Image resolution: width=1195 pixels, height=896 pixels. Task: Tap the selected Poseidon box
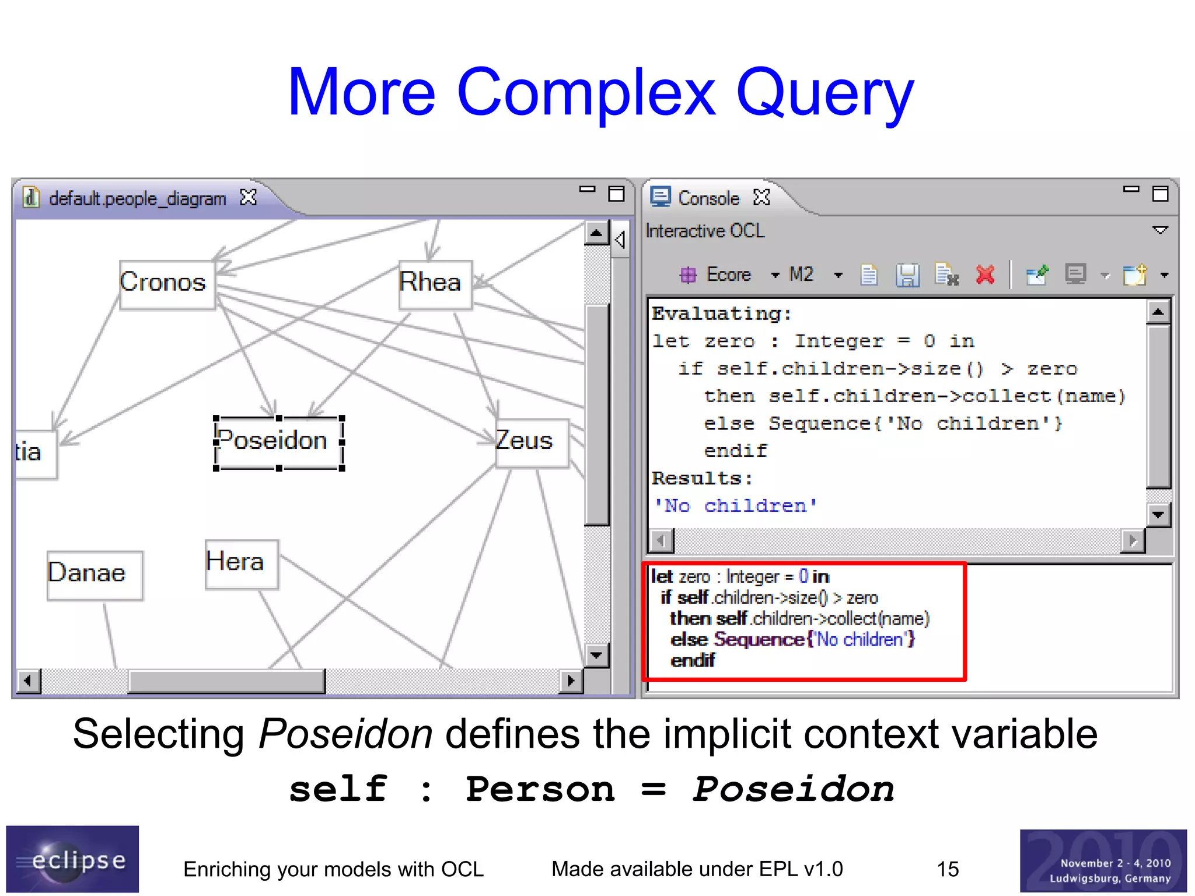tap(278, 442)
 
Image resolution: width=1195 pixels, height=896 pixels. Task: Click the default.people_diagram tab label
tap(137, 199)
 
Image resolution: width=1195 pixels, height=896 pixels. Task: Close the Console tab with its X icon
tap(761, 198)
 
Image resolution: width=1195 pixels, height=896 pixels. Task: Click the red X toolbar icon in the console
tap(985, 274)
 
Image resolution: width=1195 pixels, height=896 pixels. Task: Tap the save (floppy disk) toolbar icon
tap(907, 275)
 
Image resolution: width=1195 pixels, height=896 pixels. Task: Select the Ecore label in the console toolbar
tap(728, 274)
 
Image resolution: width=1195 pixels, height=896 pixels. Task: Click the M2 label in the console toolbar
tap(801, 274)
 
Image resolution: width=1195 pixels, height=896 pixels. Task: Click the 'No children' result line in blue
tap(735, 505)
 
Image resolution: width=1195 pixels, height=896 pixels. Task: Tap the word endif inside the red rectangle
tap(693, 661)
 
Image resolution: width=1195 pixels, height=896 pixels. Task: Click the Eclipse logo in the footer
tap(72, 859)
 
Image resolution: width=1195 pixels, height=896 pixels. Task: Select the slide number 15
tap(948, 869)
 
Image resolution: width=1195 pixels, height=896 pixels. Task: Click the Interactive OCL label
tap(705, 231)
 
